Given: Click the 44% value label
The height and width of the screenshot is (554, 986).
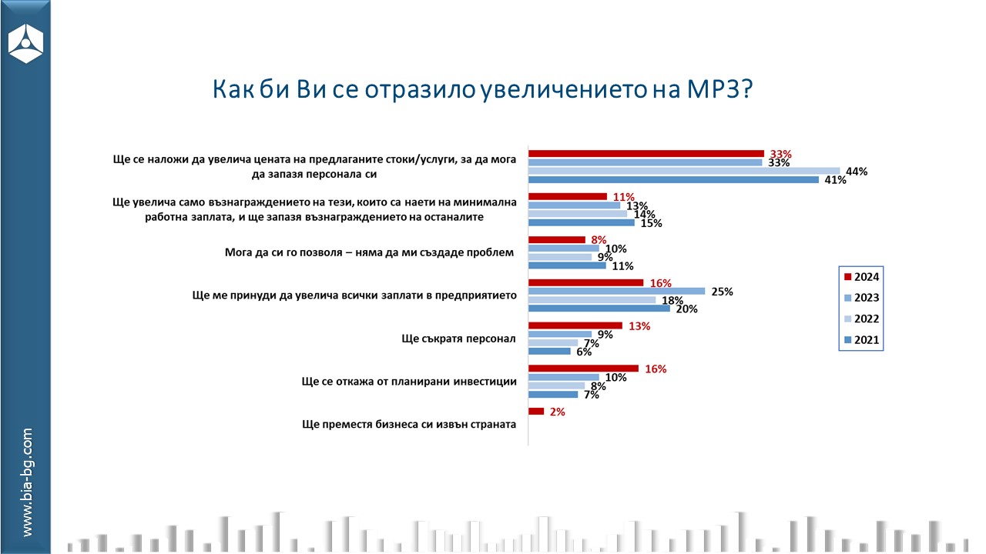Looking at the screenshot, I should tap(857, 172).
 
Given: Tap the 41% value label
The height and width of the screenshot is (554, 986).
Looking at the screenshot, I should tap(835, 181).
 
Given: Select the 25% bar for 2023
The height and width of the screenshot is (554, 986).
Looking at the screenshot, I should tap(616, 291).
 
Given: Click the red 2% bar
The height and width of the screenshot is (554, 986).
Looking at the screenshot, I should tap(536, 412).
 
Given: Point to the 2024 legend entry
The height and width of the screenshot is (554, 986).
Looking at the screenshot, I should tap(861, 277).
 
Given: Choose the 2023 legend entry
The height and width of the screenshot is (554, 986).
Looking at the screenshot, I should tap(861, 298).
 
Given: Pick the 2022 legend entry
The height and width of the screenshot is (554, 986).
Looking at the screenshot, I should tap(861, 319).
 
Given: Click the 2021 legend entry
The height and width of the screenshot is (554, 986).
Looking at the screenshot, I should tap(861, 340).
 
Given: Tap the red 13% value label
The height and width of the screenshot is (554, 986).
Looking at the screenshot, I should tap(639, 325).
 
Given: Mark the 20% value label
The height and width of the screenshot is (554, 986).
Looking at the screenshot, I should tap(686, 309).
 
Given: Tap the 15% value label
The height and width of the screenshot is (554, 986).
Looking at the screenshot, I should tap(651, 224).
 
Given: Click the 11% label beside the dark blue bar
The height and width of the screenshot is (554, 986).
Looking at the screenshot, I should tap(622, 266).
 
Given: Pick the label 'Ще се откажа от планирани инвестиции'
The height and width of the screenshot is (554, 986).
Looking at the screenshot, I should tap(408, 381).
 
